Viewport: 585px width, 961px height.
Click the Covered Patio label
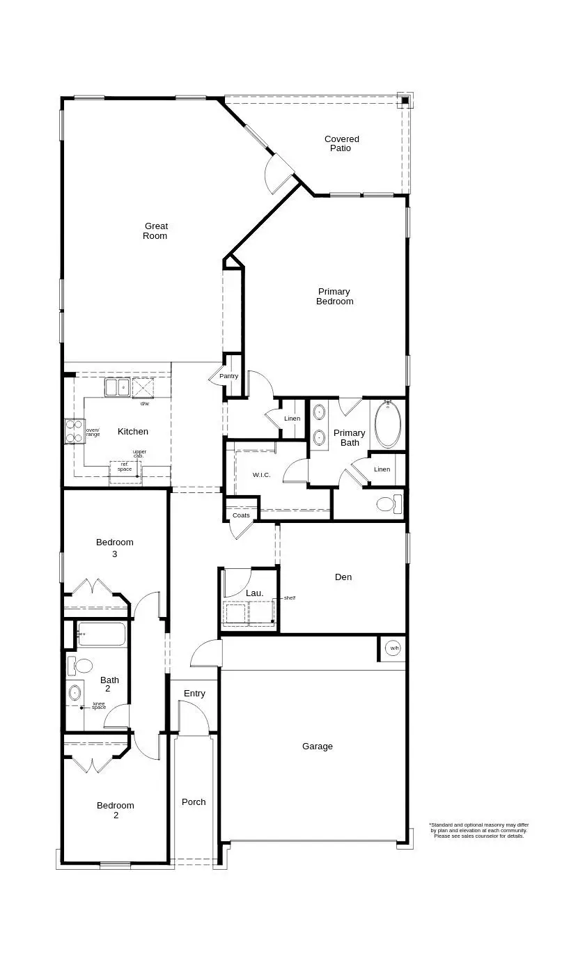coord(342,143)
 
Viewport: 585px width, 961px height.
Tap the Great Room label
coord(155,231)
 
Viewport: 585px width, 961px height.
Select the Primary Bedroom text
coord(334,297)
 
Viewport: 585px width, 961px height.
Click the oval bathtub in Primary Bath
coord(387,424)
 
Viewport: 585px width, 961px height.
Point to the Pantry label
coord(228,376)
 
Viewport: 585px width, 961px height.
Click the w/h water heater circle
coord(393,648)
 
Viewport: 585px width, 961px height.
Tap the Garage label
coord(317,747)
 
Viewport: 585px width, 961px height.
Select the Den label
coord(343,577)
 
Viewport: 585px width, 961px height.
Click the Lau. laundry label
coord(254,593)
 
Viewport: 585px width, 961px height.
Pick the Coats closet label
coord(241,515)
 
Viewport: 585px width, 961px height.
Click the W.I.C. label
coord(262,475)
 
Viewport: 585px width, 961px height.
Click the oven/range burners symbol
coord(74,431)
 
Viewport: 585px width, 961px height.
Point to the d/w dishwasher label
coord(145,404)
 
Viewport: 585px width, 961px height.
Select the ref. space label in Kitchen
coord(125,467)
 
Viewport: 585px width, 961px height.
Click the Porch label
coord(194,802)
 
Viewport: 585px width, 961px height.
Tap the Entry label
coord(194,694)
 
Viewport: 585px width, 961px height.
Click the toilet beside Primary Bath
coord(387,503)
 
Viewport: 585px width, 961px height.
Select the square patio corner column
coord(405,101)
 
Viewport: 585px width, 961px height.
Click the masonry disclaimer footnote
coord(478,830)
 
